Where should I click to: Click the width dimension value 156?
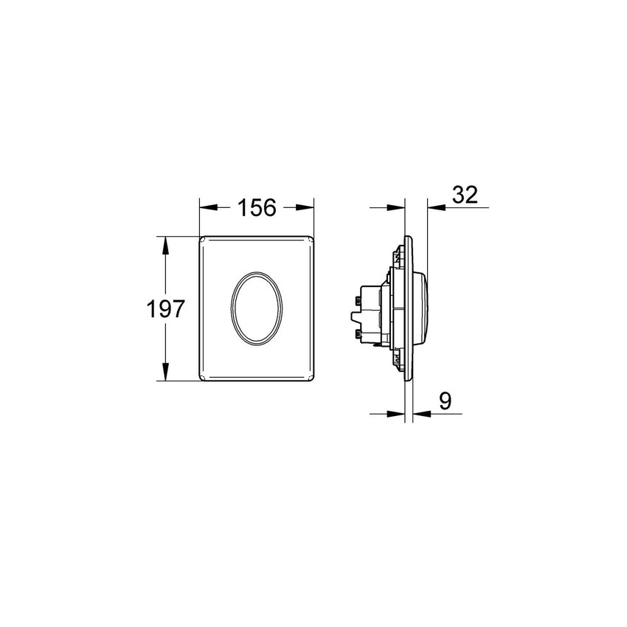point(256,209)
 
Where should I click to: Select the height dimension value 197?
point(164,308)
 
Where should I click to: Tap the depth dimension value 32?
point(465,195)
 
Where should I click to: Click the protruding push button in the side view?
point(423,308)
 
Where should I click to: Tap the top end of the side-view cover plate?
point(408,238)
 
